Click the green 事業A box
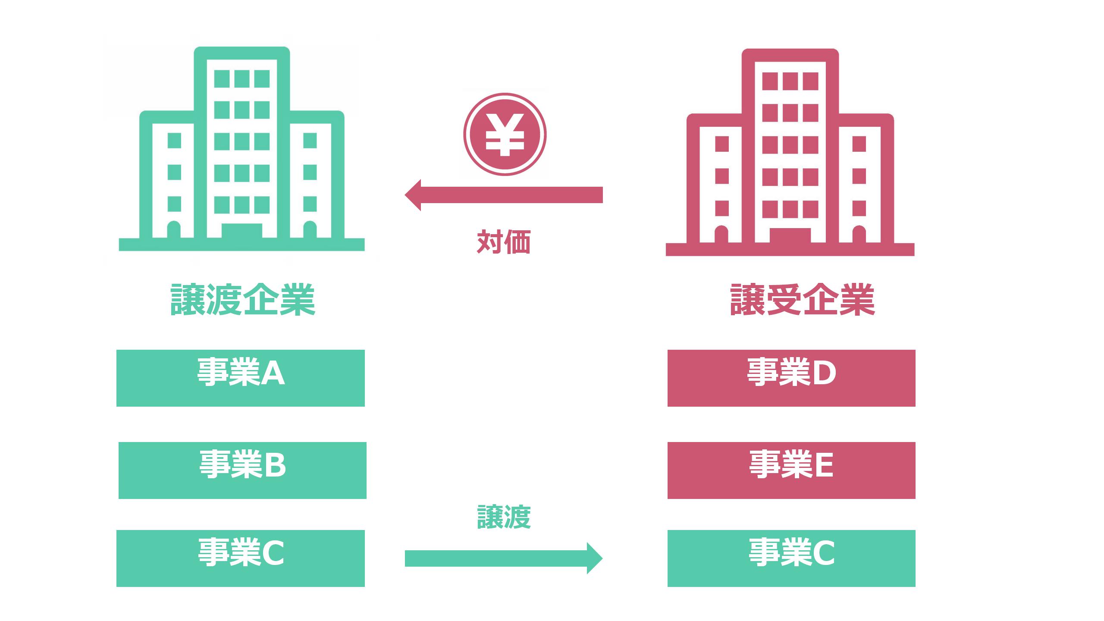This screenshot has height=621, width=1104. click(240, 378)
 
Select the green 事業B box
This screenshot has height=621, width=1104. click(242, 470)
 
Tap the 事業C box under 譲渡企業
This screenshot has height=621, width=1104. click(240, 558)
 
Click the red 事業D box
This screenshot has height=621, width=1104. click(791, 378)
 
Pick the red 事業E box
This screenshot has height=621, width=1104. click(791, 470)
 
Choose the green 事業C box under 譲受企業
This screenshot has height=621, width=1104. click(791, 558)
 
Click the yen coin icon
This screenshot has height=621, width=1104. click(505, 134)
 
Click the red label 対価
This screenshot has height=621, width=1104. click(504, 242)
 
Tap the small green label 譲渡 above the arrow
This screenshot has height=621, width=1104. click(504, 517)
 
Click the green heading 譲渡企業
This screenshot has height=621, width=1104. click(242, 300)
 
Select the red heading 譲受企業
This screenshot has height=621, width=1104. click(802, 300)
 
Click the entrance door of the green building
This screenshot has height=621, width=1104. click(241, 231)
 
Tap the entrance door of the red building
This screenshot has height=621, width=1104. click(790, 235)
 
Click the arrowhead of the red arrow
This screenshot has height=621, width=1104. click(413, 195)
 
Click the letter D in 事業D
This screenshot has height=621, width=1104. click(824, 373)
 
